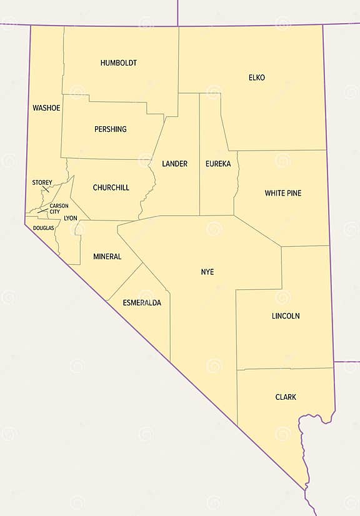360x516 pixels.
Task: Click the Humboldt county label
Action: click(118, 63)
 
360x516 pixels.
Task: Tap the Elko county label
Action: click(256, 77)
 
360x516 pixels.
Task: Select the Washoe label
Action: click(46, 108)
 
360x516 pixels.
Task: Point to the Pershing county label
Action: click(110, 129)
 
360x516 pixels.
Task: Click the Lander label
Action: click(174, 164)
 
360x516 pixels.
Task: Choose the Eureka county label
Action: click(217, 164)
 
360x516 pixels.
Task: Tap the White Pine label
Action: click(282, 193)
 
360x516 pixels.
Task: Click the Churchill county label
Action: click(111, 187)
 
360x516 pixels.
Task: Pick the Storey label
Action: click(42, 182)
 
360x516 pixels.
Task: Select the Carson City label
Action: click(59, 209)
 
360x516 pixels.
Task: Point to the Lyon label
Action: click(71, 218)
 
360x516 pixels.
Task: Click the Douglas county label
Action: click(44, 228)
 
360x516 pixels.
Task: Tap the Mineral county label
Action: click(107, 256)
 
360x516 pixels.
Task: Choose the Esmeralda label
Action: click(142, 302)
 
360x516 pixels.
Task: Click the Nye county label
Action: click(207, 272)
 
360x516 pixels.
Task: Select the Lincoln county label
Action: click(285, 316)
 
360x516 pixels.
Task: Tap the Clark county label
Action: click(286, 397)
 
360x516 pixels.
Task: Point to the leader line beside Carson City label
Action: click(43, 211)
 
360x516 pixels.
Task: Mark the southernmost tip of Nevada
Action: click(306, 488)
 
